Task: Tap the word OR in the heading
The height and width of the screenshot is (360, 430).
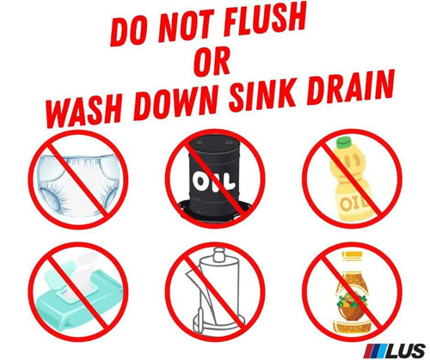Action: point(212,62)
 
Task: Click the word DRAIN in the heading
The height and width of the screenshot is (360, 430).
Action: point(349,86)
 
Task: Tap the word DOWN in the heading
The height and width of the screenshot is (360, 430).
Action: point(175,101)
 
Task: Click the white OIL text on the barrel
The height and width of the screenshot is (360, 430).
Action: point(213,181)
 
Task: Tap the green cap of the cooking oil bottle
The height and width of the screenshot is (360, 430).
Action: point(344,142)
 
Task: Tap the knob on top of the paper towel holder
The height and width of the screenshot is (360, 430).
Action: point(219,253)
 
